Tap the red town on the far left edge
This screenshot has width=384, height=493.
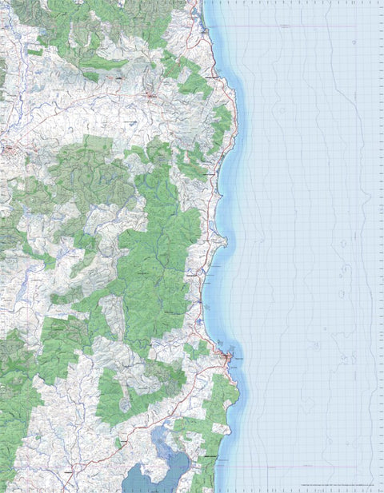[x=8, y=149]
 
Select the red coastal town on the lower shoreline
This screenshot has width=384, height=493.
[x=230, y=358]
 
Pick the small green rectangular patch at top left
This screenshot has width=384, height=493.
[x=34, y=52]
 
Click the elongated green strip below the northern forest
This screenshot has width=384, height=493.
[x=104, y=62]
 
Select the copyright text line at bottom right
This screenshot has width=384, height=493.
[x=336, y=485]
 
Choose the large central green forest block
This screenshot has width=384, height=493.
[x=160, y=256]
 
